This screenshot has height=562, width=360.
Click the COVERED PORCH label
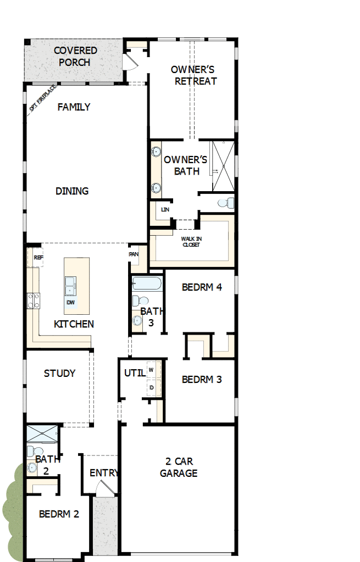[x=75, y=57]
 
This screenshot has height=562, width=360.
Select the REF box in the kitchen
[x=38, y=257]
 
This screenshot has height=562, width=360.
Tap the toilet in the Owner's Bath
[x=225, y=203]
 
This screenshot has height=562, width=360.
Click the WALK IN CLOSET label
[x=191, y=242]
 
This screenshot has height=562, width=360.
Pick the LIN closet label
[x=164, y=210]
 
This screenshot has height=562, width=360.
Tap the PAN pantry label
[x=134, y=254]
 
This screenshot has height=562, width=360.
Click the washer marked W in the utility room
[x=152, y=370]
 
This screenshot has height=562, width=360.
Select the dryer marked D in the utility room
[x=152, y=387]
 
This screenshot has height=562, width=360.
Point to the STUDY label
[x=60, y=374]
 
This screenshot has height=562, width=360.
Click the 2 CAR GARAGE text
[x=179, y=467]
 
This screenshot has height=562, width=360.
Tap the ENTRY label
[x=103, y=473]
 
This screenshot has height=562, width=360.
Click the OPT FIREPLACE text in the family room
[x=43, y=98]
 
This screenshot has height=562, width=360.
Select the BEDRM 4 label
[x=202, y=287]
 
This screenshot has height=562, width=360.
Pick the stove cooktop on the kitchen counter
[x=34, y=301]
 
